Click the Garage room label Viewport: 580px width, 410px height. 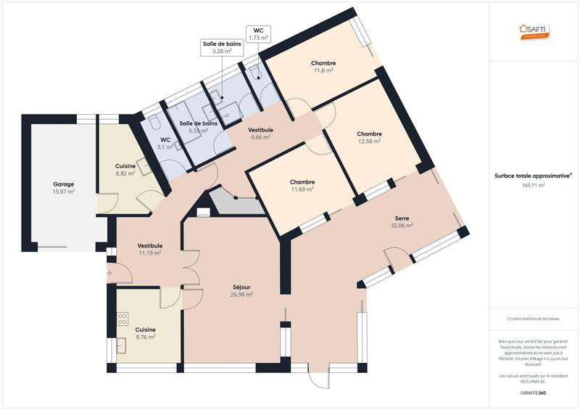coord(64,188)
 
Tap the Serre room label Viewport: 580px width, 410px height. coord(402,221)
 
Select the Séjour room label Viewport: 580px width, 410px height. coord(241,291)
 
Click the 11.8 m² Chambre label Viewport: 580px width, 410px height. coord(323,67)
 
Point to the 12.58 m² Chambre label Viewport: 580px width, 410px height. coord(369,137)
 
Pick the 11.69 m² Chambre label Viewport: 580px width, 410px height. coord(302,186)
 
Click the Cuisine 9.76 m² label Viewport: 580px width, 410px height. coord(145,333)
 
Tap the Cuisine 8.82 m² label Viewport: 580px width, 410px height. coord(125,170)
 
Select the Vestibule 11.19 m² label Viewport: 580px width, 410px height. coord(149,250)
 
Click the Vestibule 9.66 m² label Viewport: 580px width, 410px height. coord(260,133)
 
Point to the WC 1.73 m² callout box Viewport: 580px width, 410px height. coord(258,33)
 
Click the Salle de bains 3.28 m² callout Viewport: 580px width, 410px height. coord(222,48)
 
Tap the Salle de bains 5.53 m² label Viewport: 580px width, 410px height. coord(199,127)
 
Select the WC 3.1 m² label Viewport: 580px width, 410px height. coord(165,143)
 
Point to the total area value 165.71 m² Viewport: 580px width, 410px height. coord(533,186)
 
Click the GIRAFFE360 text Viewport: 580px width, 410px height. coord(533,393)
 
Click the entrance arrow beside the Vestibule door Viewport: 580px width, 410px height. coord(109,274)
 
